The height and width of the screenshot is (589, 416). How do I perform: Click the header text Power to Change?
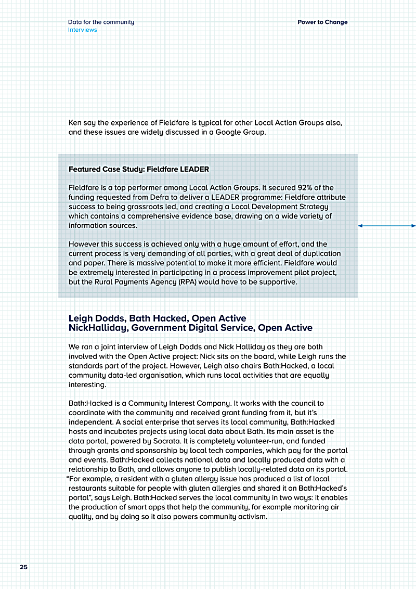coord(322,22)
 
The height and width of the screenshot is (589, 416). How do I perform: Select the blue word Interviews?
coord(82,30)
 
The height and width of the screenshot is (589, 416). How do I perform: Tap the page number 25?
coord(23,567)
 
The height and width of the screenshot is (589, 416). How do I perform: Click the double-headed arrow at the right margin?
coord(387,226)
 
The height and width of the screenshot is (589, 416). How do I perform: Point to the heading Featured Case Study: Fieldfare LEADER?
coord(139,169)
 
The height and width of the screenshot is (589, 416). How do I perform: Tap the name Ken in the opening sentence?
coord(75,123)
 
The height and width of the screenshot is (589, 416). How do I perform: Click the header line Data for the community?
coord(101,22)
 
